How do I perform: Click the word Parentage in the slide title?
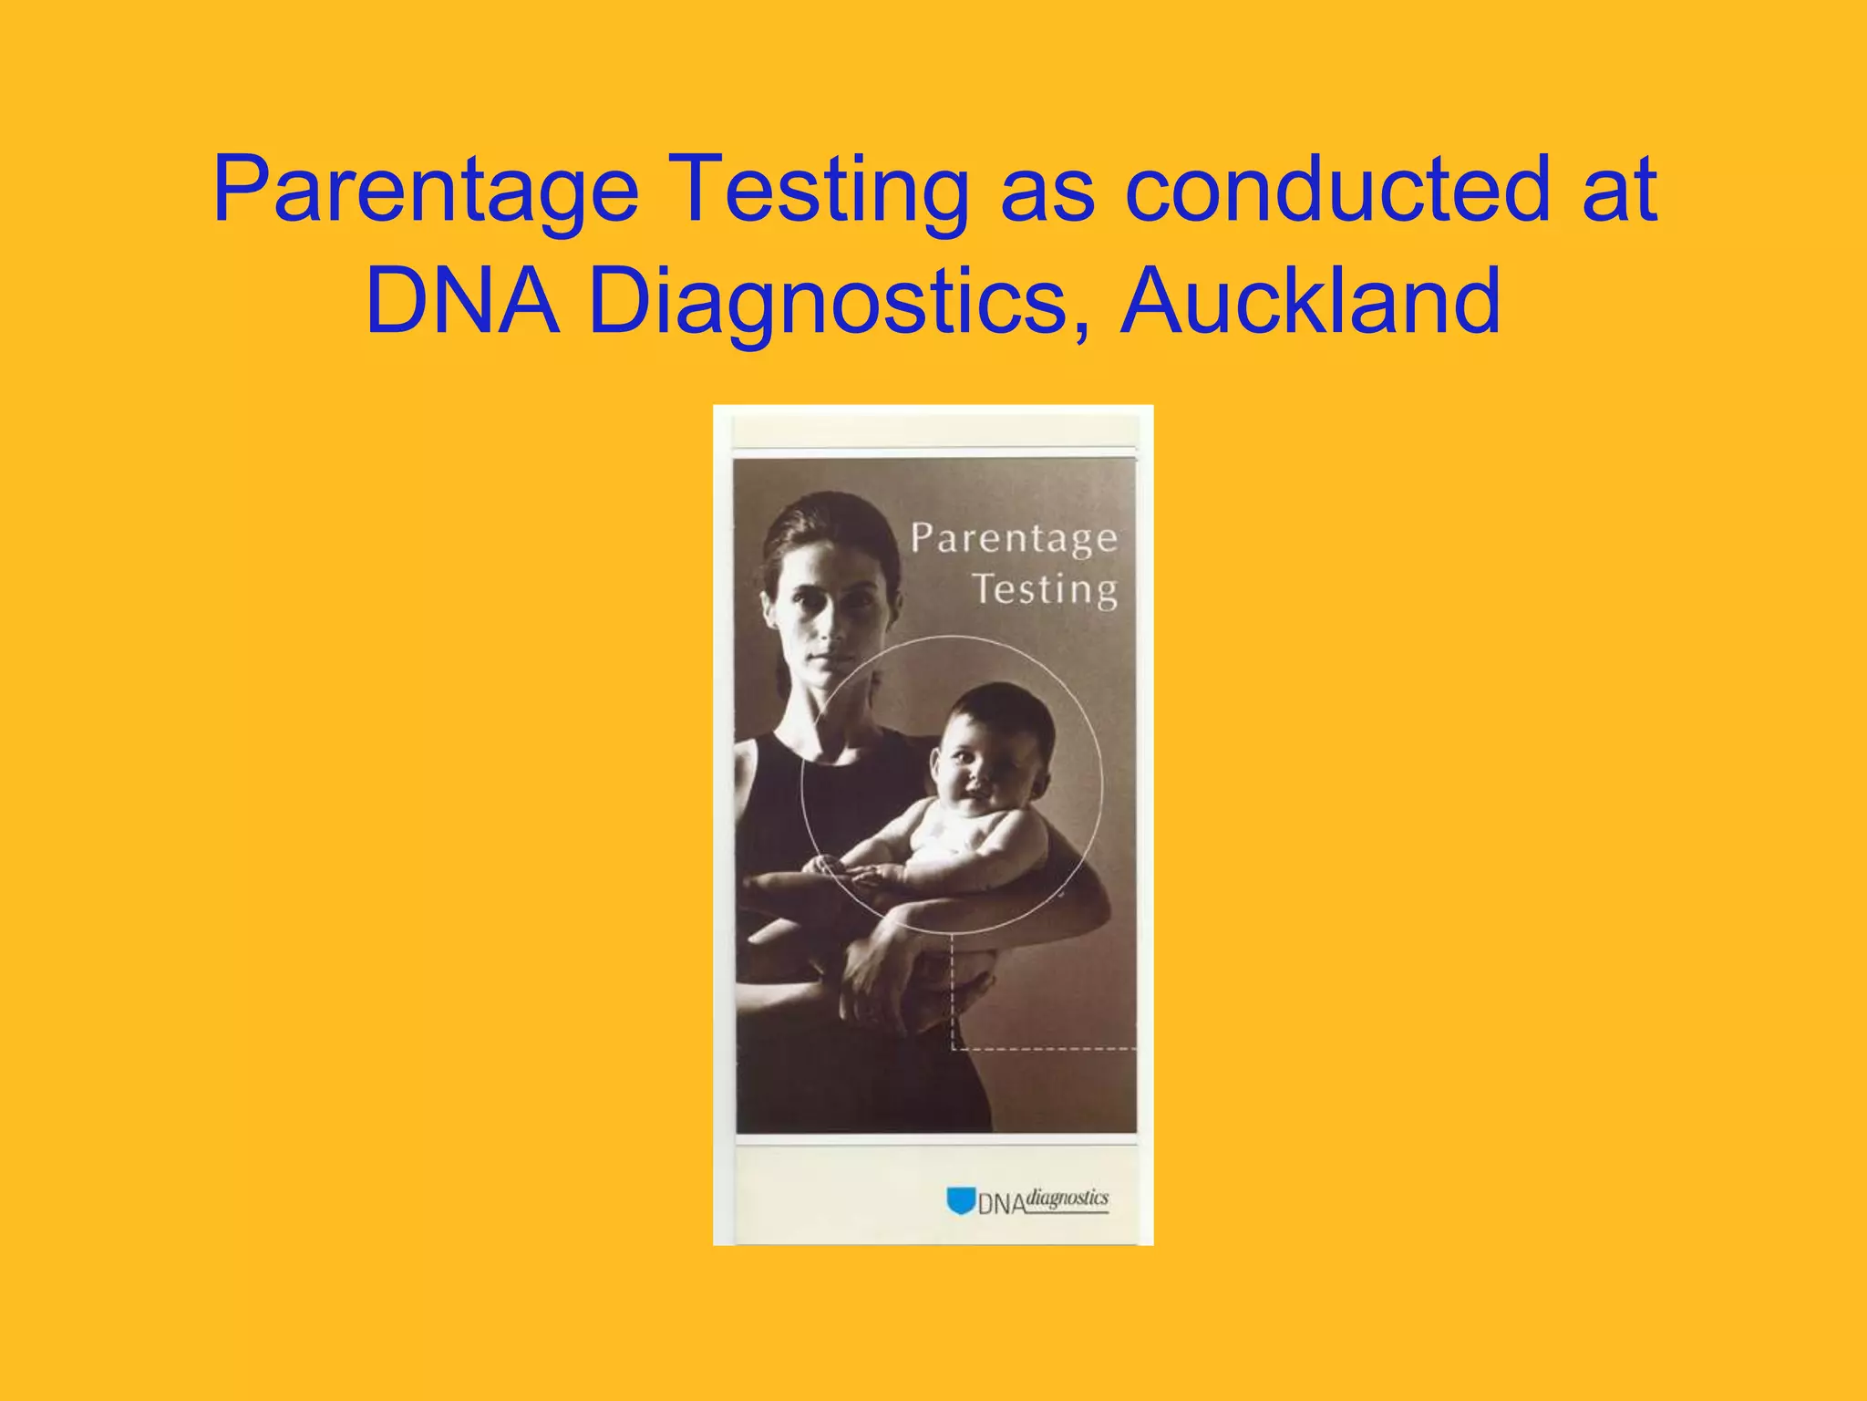pos(426,190)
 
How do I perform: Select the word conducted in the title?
pos(1336,188)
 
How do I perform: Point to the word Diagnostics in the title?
pos(828,301)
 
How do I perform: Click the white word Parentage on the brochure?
pos(1014,538)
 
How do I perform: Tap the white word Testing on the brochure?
pos(1045,589)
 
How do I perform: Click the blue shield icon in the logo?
pos(960,1200)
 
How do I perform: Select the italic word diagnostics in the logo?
pos(1068,1198)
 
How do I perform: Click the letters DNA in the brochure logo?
pos(1002,1204)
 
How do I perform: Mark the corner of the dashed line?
pos(953,1049)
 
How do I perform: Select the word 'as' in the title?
pos(1047,190)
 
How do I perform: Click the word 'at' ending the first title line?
pos(1619,190)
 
